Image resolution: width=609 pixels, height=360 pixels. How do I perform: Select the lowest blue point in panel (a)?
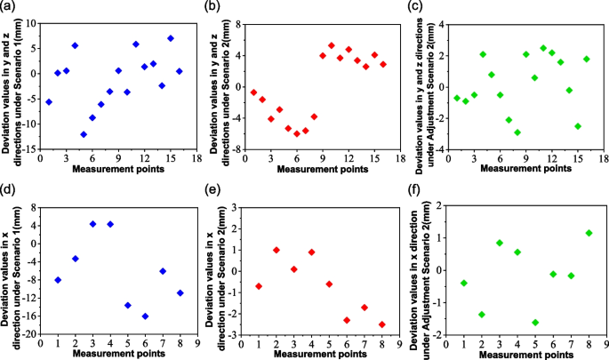84,134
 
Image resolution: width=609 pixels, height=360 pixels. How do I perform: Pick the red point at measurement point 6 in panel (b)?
297,133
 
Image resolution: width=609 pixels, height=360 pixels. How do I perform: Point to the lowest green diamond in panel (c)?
517,132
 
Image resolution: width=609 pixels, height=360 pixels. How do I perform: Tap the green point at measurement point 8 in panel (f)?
589,233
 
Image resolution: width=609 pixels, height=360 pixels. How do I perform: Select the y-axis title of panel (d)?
9,268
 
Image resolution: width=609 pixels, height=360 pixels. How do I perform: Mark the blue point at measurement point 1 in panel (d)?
58,280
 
